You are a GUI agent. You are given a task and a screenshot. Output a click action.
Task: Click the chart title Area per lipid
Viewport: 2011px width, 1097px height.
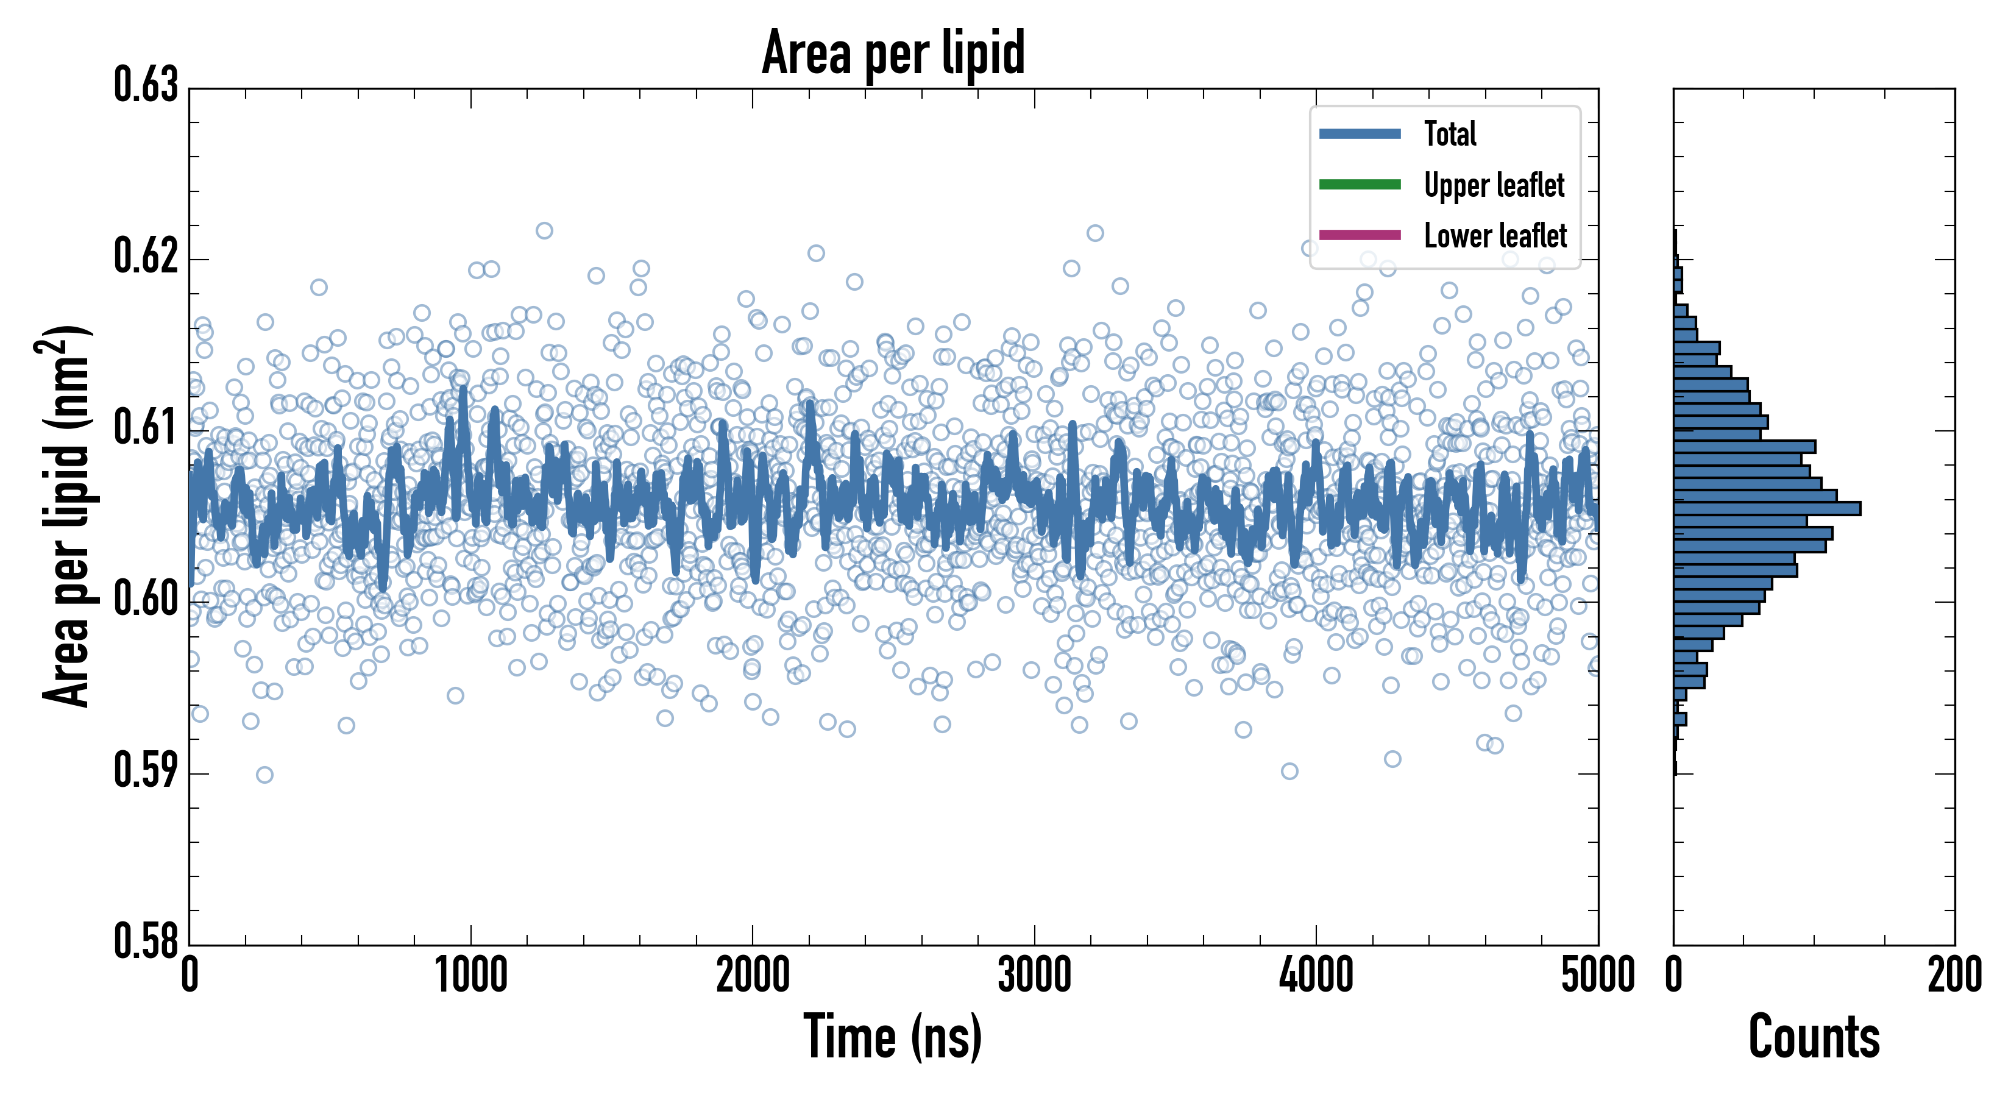893,52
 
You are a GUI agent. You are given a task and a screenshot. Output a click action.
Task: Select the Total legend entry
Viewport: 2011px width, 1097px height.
1450,133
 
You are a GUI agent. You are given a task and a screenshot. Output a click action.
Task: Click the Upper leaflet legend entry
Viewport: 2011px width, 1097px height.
1494,185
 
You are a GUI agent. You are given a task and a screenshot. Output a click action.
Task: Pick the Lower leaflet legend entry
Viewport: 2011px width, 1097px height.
1495,236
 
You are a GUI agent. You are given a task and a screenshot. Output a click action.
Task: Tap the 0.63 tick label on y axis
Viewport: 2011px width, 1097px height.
146,85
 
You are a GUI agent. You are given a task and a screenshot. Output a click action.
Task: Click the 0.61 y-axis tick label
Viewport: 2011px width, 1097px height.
146,428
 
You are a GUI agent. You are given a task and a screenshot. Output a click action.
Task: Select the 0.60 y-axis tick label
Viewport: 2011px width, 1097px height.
146,600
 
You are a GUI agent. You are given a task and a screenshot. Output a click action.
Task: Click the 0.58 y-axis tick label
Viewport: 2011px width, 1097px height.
146,941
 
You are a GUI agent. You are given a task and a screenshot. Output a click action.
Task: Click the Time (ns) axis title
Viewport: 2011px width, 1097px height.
893,1037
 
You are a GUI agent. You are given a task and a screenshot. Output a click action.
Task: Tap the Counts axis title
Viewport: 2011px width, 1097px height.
1814,1037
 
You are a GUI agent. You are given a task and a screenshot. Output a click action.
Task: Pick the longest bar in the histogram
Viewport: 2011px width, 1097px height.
1767,509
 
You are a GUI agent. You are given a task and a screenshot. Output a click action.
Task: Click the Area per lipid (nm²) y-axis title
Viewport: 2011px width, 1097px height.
66,516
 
